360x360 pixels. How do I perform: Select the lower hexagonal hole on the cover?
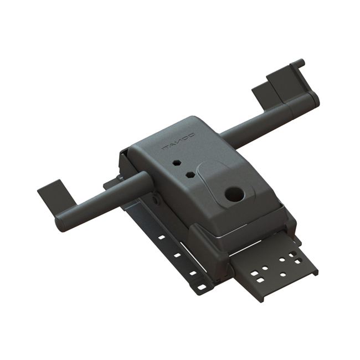click(190, 174)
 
